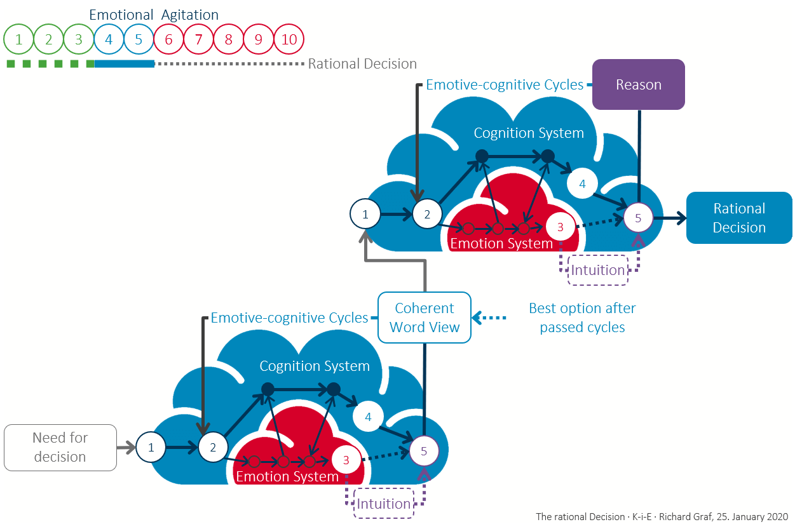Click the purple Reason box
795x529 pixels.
click(x=639, y=84)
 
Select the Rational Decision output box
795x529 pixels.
click(x=738, y=218)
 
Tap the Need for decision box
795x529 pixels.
click(x=60, y=447)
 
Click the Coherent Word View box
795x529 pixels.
click(x=425, y=318)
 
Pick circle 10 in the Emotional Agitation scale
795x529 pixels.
click(x=289, y=40)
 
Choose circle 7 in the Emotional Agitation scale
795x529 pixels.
click(x=198, y=40)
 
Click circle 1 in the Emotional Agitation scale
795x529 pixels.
click(x=19, y=40)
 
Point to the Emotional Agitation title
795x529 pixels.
click(x=154, y=15)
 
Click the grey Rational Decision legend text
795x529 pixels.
click(x=362, y=64)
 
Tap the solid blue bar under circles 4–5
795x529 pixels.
click(x=125, y=64)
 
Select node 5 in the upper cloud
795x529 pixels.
click(x=638, y=218)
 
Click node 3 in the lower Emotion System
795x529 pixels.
click(x=346, y=460)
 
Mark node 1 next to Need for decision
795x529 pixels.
click(x=151, y=447)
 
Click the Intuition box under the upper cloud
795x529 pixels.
click(x=597, y=270)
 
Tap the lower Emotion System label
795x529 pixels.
click(x=287, y=476)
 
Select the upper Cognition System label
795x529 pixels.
click(x=529, y=133)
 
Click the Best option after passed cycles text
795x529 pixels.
click(x=582, y=318)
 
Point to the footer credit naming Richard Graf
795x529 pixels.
click(x=662, y=516)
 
